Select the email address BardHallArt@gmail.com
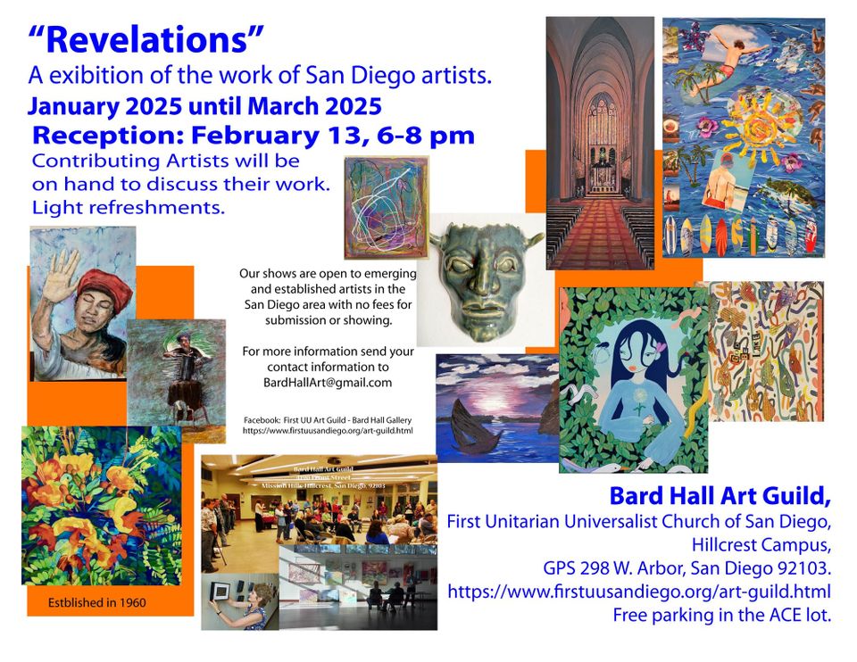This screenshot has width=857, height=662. coord(317,382)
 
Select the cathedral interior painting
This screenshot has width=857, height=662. coord(600,143)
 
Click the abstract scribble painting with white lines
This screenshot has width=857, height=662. coord(387,207)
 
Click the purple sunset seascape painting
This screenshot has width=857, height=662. coord(496,407)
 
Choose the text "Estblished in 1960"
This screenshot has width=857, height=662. coord(97,603)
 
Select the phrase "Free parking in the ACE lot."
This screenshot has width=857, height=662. coord(721,615)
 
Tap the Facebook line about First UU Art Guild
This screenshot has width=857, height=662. coord(328,419)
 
